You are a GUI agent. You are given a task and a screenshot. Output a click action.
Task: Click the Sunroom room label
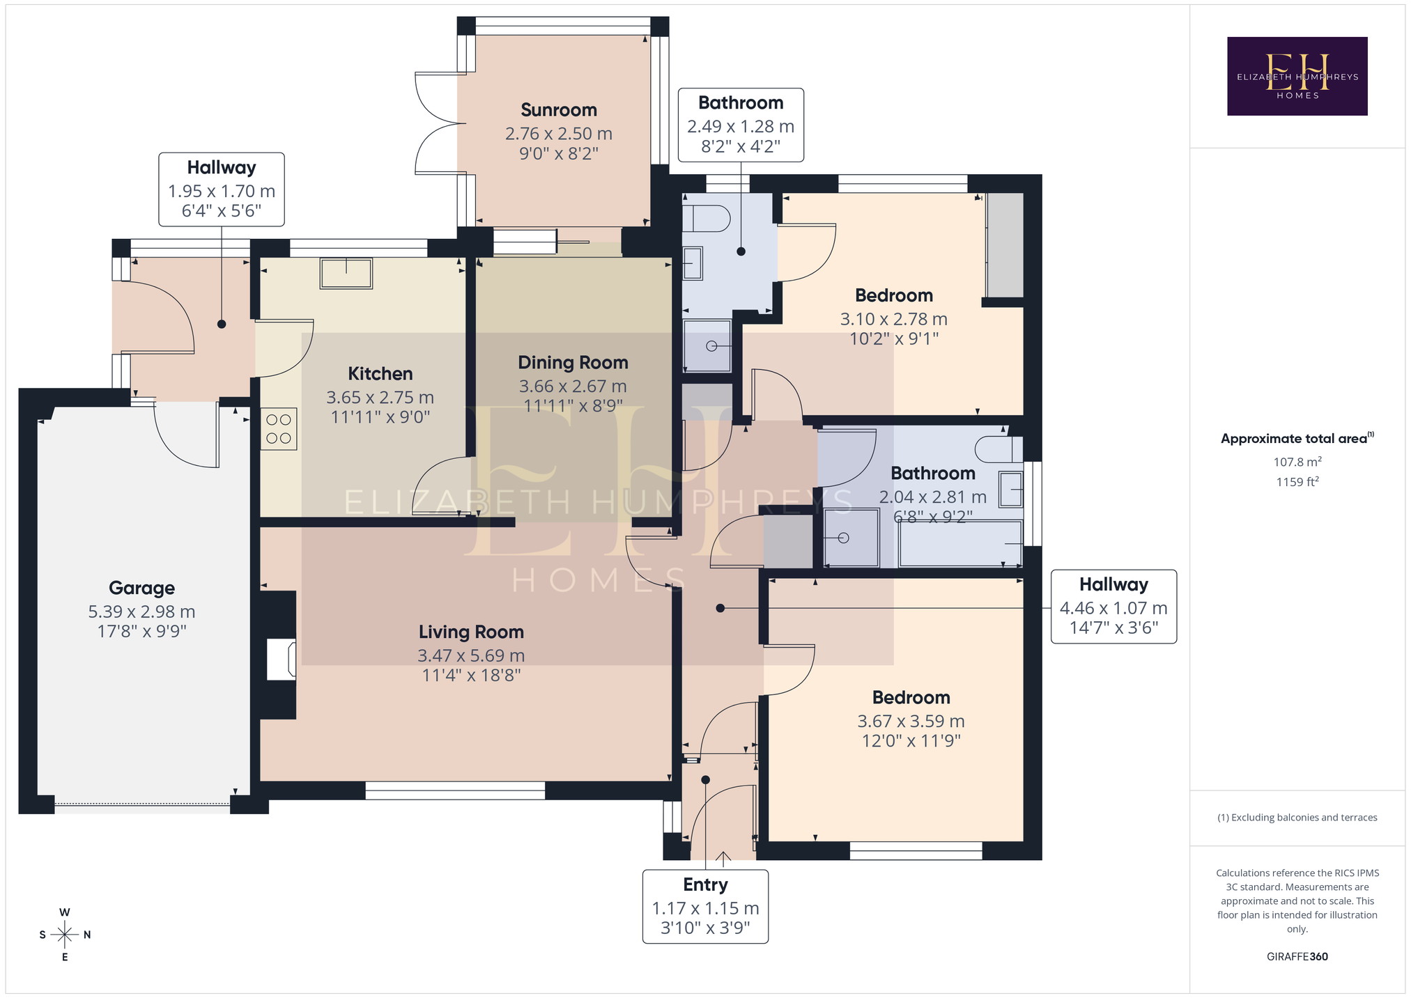[559, 110]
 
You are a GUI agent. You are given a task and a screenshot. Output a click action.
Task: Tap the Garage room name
[141, 588]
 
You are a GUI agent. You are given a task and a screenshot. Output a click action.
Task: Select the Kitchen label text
[380, 374]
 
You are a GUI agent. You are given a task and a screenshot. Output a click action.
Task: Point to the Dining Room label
[573, 363]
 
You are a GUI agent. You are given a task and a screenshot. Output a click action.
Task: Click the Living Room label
[471, 632]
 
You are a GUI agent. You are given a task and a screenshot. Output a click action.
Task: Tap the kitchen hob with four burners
[279, 428]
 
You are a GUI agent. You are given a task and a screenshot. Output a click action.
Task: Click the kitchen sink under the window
[346, 273]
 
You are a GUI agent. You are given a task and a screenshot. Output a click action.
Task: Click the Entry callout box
[705, 907]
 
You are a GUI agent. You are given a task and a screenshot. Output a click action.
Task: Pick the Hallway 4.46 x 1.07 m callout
[1113, 607]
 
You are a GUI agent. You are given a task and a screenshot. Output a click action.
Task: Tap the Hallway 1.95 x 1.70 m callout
[222, 189]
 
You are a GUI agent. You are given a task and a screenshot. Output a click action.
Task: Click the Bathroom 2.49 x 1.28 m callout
[741, 125]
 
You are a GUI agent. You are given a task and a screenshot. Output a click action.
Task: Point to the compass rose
[65, 934]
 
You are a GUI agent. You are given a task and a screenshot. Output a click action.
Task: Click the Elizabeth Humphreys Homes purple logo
[1297, 76]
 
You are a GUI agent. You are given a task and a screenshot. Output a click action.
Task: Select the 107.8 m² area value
[1297, 462]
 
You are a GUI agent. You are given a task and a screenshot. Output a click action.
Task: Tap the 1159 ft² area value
[1297, 482]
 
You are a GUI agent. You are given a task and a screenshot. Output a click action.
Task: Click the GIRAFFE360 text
[1297, 956]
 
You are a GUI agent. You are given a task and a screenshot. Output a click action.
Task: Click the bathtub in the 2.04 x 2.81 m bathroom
[960, 543]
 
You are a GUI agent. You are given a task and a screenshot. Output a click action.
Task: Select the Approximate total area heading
[1297, 439]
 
